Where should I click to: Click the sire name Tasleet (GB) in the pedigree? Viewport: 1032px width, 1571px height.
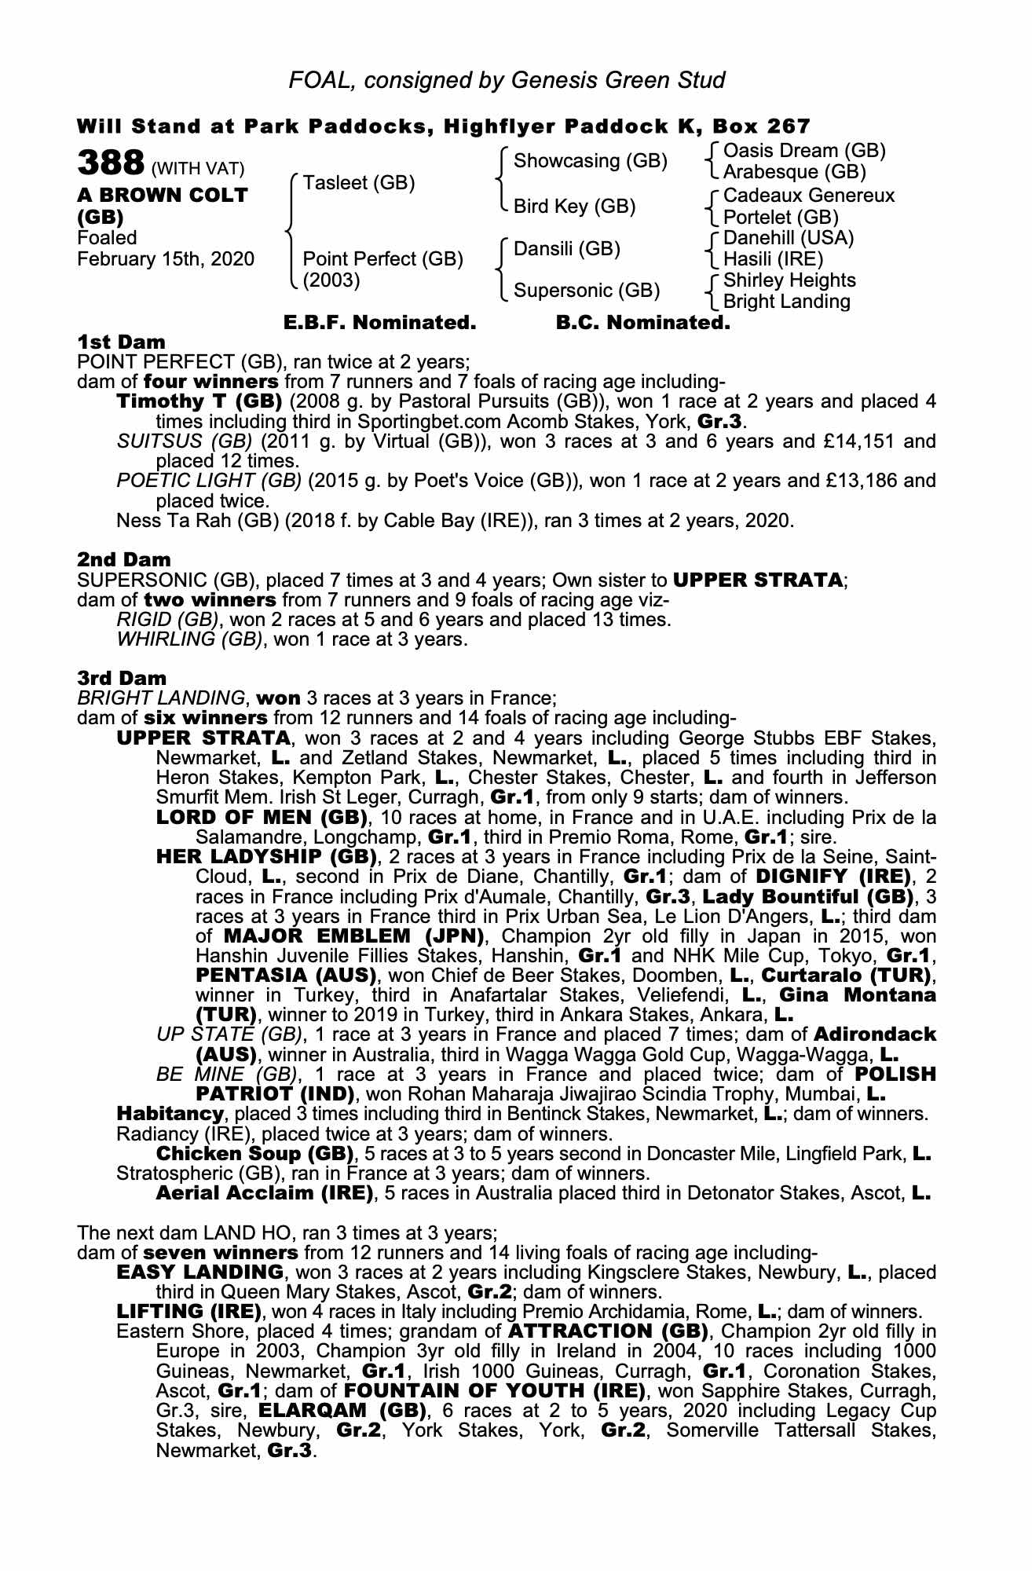(359, 183)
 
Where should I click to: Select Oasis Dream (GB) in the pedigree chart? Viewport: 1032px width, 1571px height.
(804, 150)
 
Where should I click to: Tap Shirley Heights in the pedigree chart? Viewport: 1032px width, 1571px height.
(789, 280)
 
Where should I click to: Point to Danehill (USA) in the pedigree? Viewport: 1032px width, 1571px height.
(788, 237)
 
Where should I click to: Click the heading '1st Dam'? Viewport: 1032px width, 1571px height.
(122, 342)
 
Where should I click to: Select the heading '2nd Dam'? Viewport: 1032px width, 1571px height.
(124, 559)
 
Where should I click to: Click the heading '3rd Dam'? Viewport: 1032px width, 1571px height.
(122, 677)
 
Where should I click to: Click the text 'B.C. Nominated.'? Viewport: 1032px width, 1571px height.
(642, 323)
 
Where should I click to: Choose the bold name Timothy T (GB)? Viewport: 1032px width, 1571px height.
(199, 401)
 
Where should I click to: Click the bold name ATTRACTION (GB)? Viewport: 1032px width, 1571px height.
(609, 1331)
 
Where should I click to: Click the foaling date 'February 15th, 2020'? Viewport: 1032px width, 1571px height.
(166, 258)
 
